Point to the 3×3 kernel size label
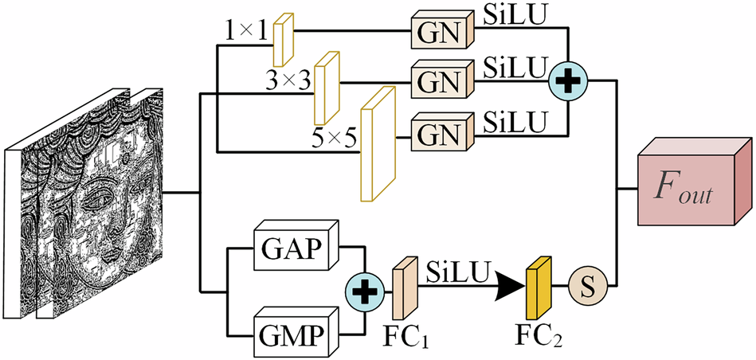tap(289, 81)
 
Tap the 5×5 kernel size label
tap(335, 143)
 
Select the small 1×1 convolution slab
tap(284, 39)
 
